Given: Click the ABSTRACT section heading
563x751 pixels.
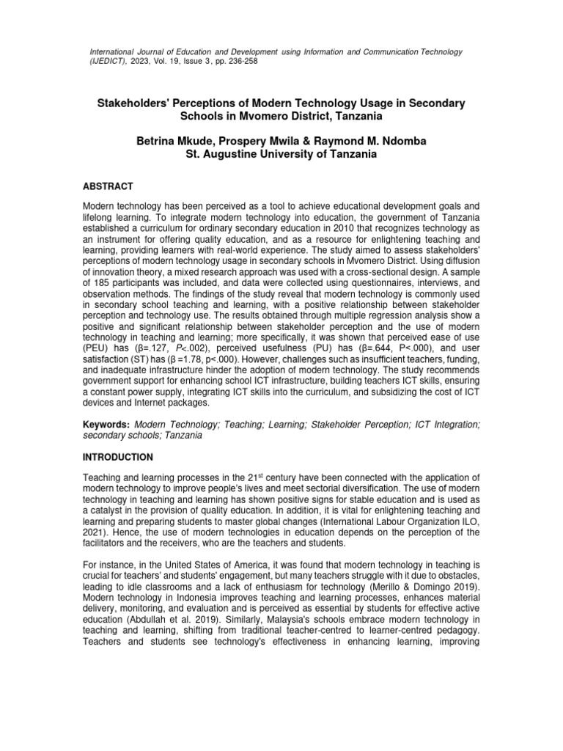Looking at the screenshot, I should tap(107, 187).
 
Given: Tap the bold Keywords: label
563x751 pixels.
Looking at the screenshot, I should tap(106, 425).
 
